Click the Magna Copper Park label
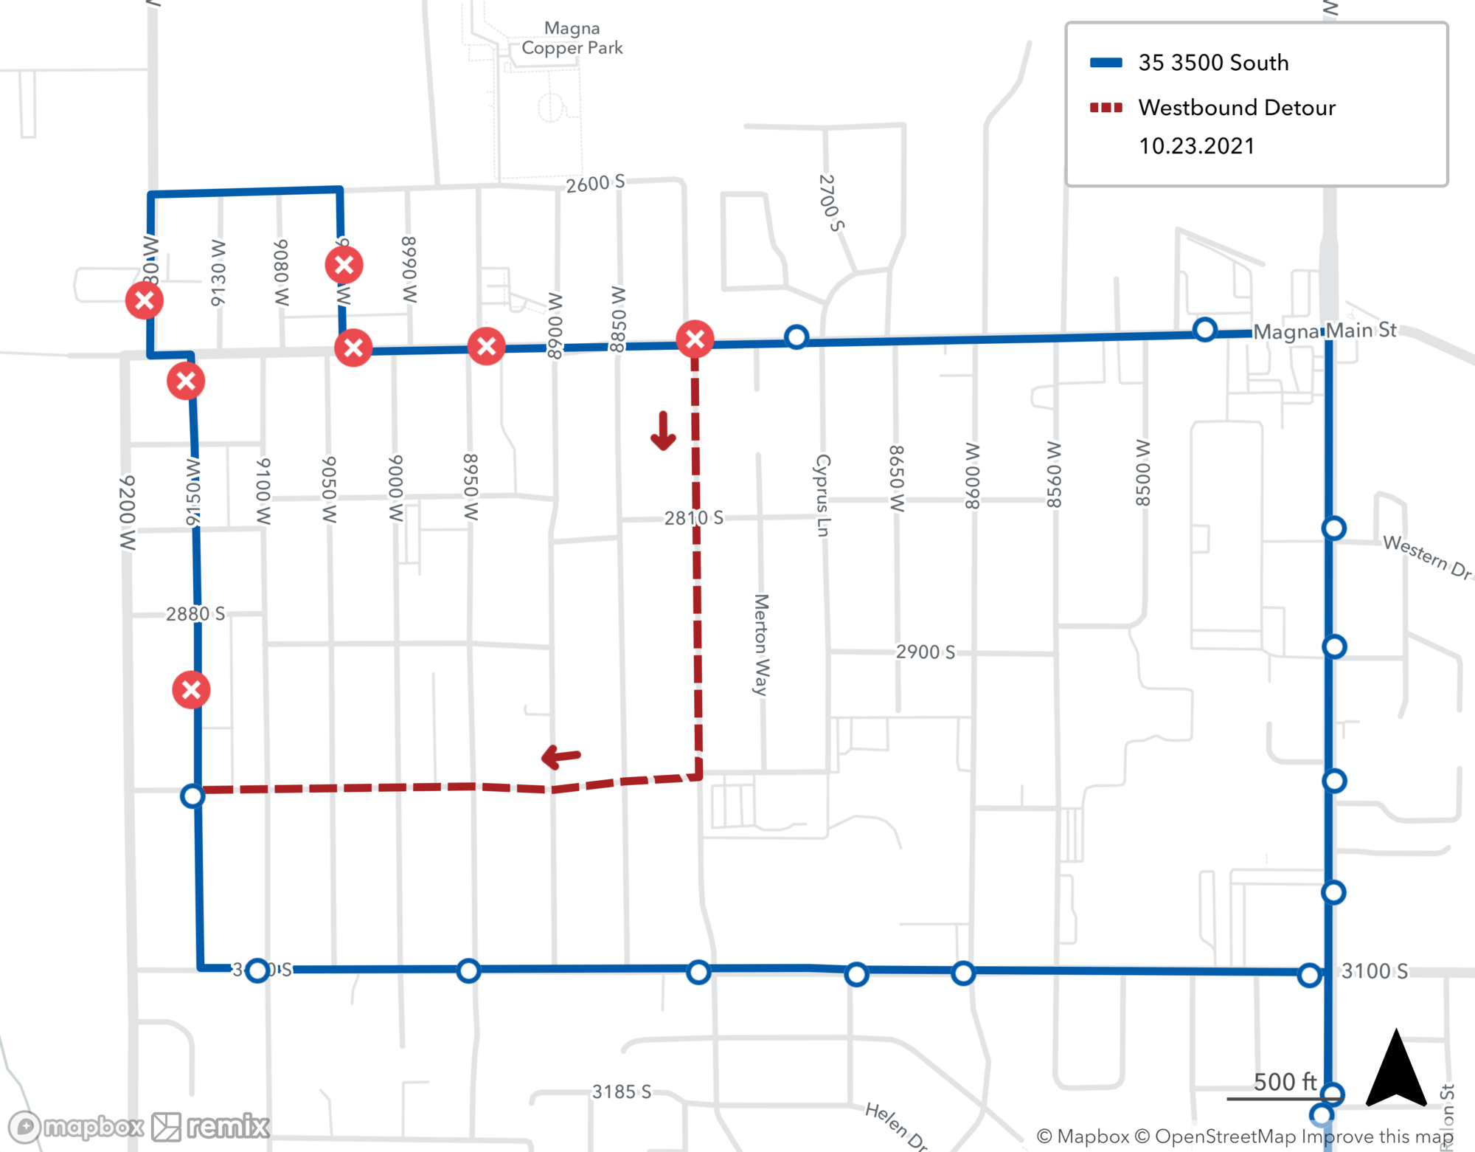(572, 38)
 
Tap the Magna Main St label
(1325, 331)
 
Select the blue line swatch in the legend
(1106, 63)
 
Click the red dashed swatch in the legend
(1106, 108)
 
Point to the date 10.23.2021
(1196, 146)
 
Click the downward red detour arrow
(663, 431)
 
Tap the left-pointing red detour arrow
(561, 756)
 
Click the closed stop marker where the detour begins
(695, 339)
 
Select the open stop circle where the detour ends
(192, 796)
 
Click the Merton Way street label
(761, 644)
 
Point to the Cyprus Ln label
(823, 495)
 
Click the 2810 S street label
(693, 518)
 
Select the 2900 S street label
(925, 652)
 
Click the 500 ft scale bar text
(1285, 1082)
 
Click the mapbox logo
(77, 1127)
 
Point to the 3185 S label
(621, 1091)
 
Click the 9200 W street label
(128, 512)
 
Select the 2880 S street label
(195, 614)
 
